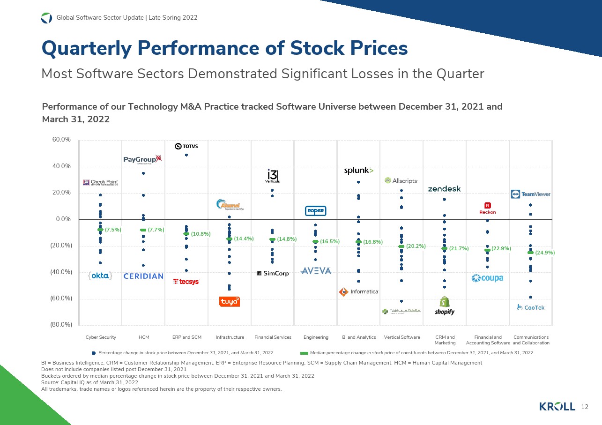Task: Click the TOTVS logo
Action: click(186, 146)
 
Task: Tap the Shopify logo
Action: click(445, 306)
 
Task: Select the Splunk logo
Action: click(358, 171)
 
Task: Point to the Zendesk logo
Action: click(444, 189)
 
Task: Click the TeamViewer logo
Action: click(530, 194)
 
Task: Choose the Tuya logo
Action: click(230, 302)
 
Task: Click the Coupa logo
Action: click(487, 278)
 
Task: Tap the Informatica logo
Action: click(358, 291)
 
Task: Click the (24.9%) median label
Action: click(545, 253)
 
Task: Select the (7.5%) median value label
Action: click(113, 230)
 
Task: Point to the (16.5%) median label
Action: click(329, 242)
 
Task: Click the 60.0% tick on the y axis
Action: click(61, 140)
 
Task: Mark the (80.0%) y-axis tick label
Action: click(60, 324)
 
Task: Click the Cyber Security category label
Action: click(101, 337)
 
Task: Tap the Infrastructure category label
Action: click(230, 337)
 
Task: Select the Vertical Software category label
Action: click(401, 337)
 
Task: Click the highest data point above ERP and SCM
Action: click(186, 155)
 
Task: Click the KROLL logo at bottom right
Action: click(557, 406)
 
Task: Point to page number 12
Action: click(584, 407)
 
